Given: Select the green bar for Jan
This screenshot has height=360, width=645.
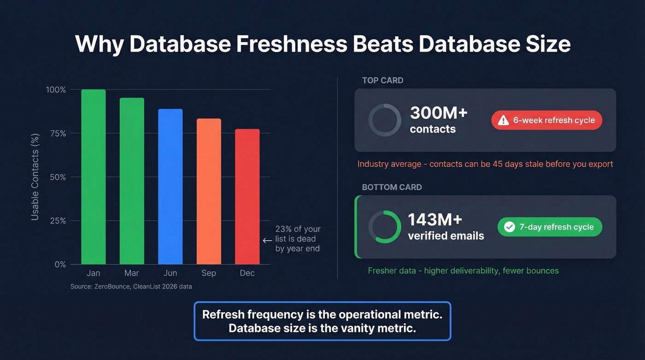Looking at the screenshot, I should tap(94, 177).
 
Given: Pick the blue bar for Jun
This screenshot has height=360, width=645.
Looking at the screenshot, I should tap(170, 187).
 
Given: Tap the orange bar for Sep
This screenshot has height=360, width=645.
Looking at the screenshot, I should tap(209, 192).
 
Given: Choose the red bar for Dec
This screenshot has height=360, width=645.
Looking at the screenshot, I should tap(247, 197).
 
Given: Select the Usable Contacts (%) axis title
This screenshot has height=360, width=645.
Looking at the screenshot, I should tap(35, 177).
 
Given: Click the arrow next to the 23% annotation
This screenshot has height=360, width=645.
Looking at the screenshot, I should tap(267, 240).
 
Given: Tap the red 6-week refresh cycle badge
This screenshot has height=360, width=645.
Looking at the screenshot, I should tap(547, 120).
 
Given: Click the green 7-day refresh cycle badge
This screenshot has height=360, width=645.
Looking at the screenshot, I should tap(550, 227).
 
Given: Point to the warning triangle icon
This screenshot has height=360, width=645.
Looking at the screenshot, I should tap(503, 120).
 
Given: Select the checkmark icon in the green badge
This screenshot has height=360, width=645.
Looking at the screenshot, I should tap(509, 227).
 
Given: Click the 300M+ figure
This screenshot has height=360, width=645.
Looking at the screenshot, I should tap(439, 113).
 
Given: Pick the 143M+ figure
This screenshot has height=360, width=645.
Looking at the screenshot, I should tap(435, 220).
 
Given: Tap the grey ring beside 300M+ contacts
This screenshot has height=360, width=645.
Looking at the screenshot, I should tap(385, 120).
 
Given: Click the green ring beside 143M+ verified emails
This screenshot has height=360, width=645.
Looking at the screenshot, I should tap(385, 227).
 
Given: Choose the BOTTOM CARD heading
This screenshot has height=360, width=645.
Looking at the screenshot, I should tap(392, 187).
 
